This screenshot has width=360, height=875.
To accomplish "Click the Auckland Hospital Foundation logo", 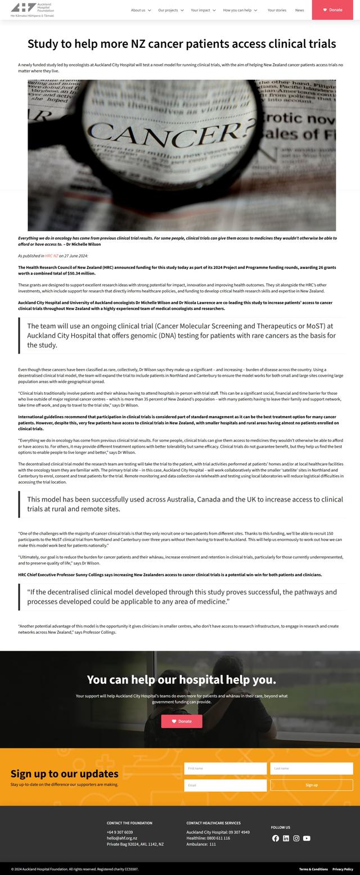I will [x=32, y=9].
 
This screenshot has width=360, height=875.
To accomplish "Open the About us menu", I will [x=140, y=10].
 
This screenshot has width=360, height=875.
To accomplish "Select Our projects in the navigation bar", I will [x=170, y=10].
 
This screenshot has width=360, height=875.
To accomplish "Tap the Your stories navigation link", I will [x=277, y=10].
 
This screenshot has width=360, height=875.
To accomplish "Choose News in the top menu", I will [x=299, y=10].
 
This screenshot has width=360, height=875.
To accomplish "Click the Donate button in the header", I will [x=336, y=10].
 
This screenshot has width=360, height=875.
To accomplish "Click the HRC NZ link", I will [x=52, y=256].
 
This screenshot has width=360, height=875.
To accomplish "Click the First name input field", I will [x=225, y=768].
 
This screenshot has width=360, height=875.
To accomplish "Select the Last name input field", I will [x=311, y=768].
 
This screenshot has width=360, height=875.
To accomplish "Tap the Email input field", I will [x=225, y=785].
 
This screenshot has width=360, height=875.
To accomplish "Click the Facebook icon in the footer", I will [x=276, y=838].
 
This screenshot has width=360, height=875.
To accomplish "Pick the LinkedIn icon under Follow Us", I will [x=286, y=838].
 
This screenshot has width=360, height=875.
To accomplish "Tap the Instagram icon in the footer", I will [x=296, y=838].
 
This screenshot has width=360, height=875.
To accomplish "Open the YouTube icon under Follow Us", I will [x=307, y=838].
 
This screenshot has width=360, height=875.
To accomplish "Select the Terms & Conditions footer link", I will [x=313, y=869].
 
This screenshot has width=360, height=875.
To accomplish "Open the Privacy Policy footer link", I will [x=343, y=869].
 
